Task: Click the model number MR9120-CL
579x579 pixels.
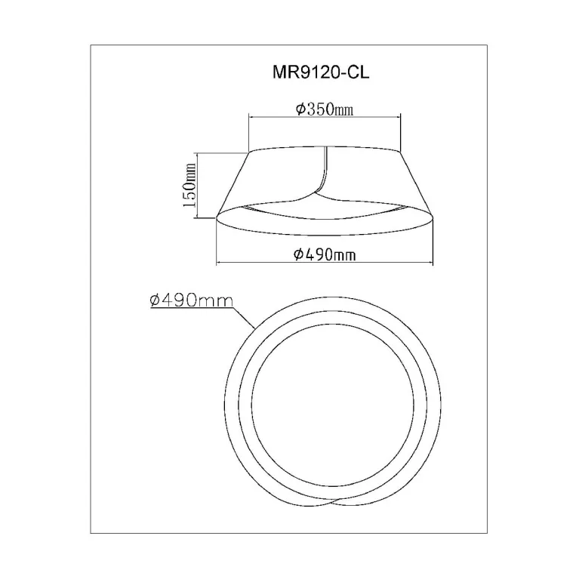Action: coord(321,72)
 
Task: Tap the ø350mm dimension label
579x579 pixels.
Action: coord(325,109)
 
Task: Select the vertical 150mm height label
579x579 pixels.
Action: coord(189,185)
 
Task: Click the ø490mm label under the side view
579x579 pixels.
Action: coord(325,254)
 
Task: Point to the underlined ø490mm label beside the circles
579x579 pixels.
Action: coord(191,300)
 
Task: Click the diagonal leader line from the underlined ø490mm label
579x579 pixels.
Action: coord(245,319)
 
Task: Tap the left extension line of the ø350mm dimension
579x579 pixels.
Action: coord(249,133)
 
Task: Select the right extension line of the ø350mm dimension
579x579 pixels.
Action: coord(400,133)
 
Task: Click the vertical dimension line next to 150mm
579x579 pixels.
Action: coord(198,185)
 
